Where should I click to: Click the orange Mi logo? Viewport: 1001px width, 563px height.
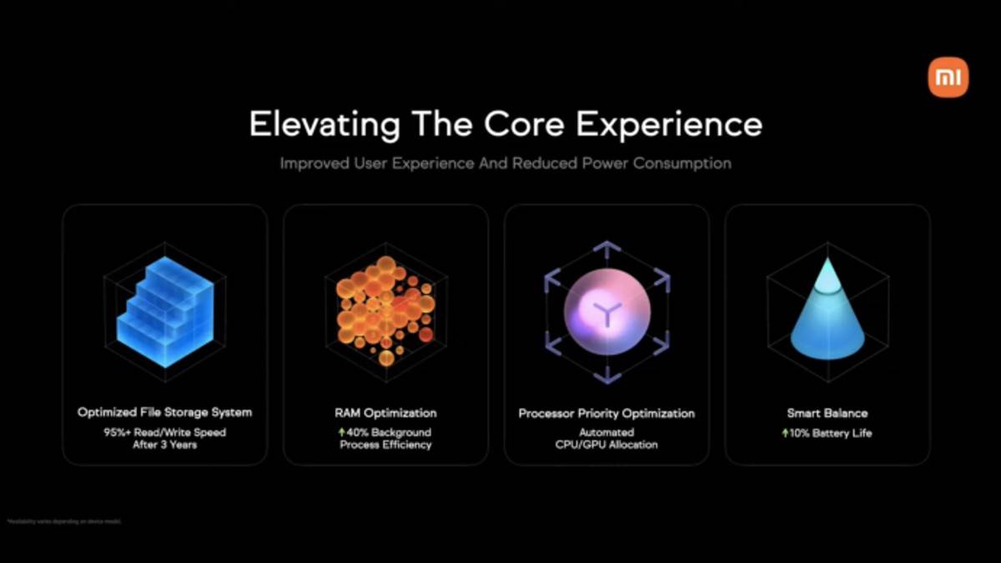(948, 77)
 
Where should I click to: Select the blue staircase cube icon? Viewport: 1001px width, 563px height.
(164, 313)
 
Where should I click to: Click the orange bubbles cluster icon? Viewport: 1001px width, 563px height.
(385, 310)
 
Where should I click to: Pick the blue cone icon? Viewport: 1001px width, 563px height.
(827, 313)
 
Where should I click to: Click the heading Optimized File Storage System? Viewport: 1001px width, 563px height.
(164, 413)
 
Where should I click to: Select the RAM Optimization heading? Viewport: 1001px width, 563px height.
(385, 413)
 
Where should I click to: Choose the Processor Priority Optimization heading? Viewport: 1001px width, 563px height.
(606, 413)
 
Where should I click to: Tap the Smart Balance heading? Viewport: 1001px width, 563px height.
(827, 413)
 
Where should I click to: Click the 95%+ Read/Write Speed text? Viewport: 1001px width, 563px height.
(164, 432)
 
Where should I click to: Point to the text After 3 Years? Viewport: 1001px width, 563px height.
(164, 445)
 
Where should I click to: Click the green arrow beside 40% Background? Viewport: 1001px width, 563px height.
(341, 432)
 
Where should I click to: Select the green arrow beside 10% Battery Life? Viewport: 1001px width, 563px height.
(785, 433)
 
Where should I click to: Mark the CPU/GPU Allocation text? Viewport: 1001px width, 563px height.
(606, 445)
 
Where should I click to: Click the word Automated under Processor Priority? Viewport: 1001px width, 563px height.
(606, 432)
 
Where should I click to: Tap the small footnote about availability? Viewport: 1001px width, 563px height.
(63, 521)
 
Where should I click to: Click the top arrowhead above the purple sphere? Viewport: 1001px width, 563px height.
(606, 247)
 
